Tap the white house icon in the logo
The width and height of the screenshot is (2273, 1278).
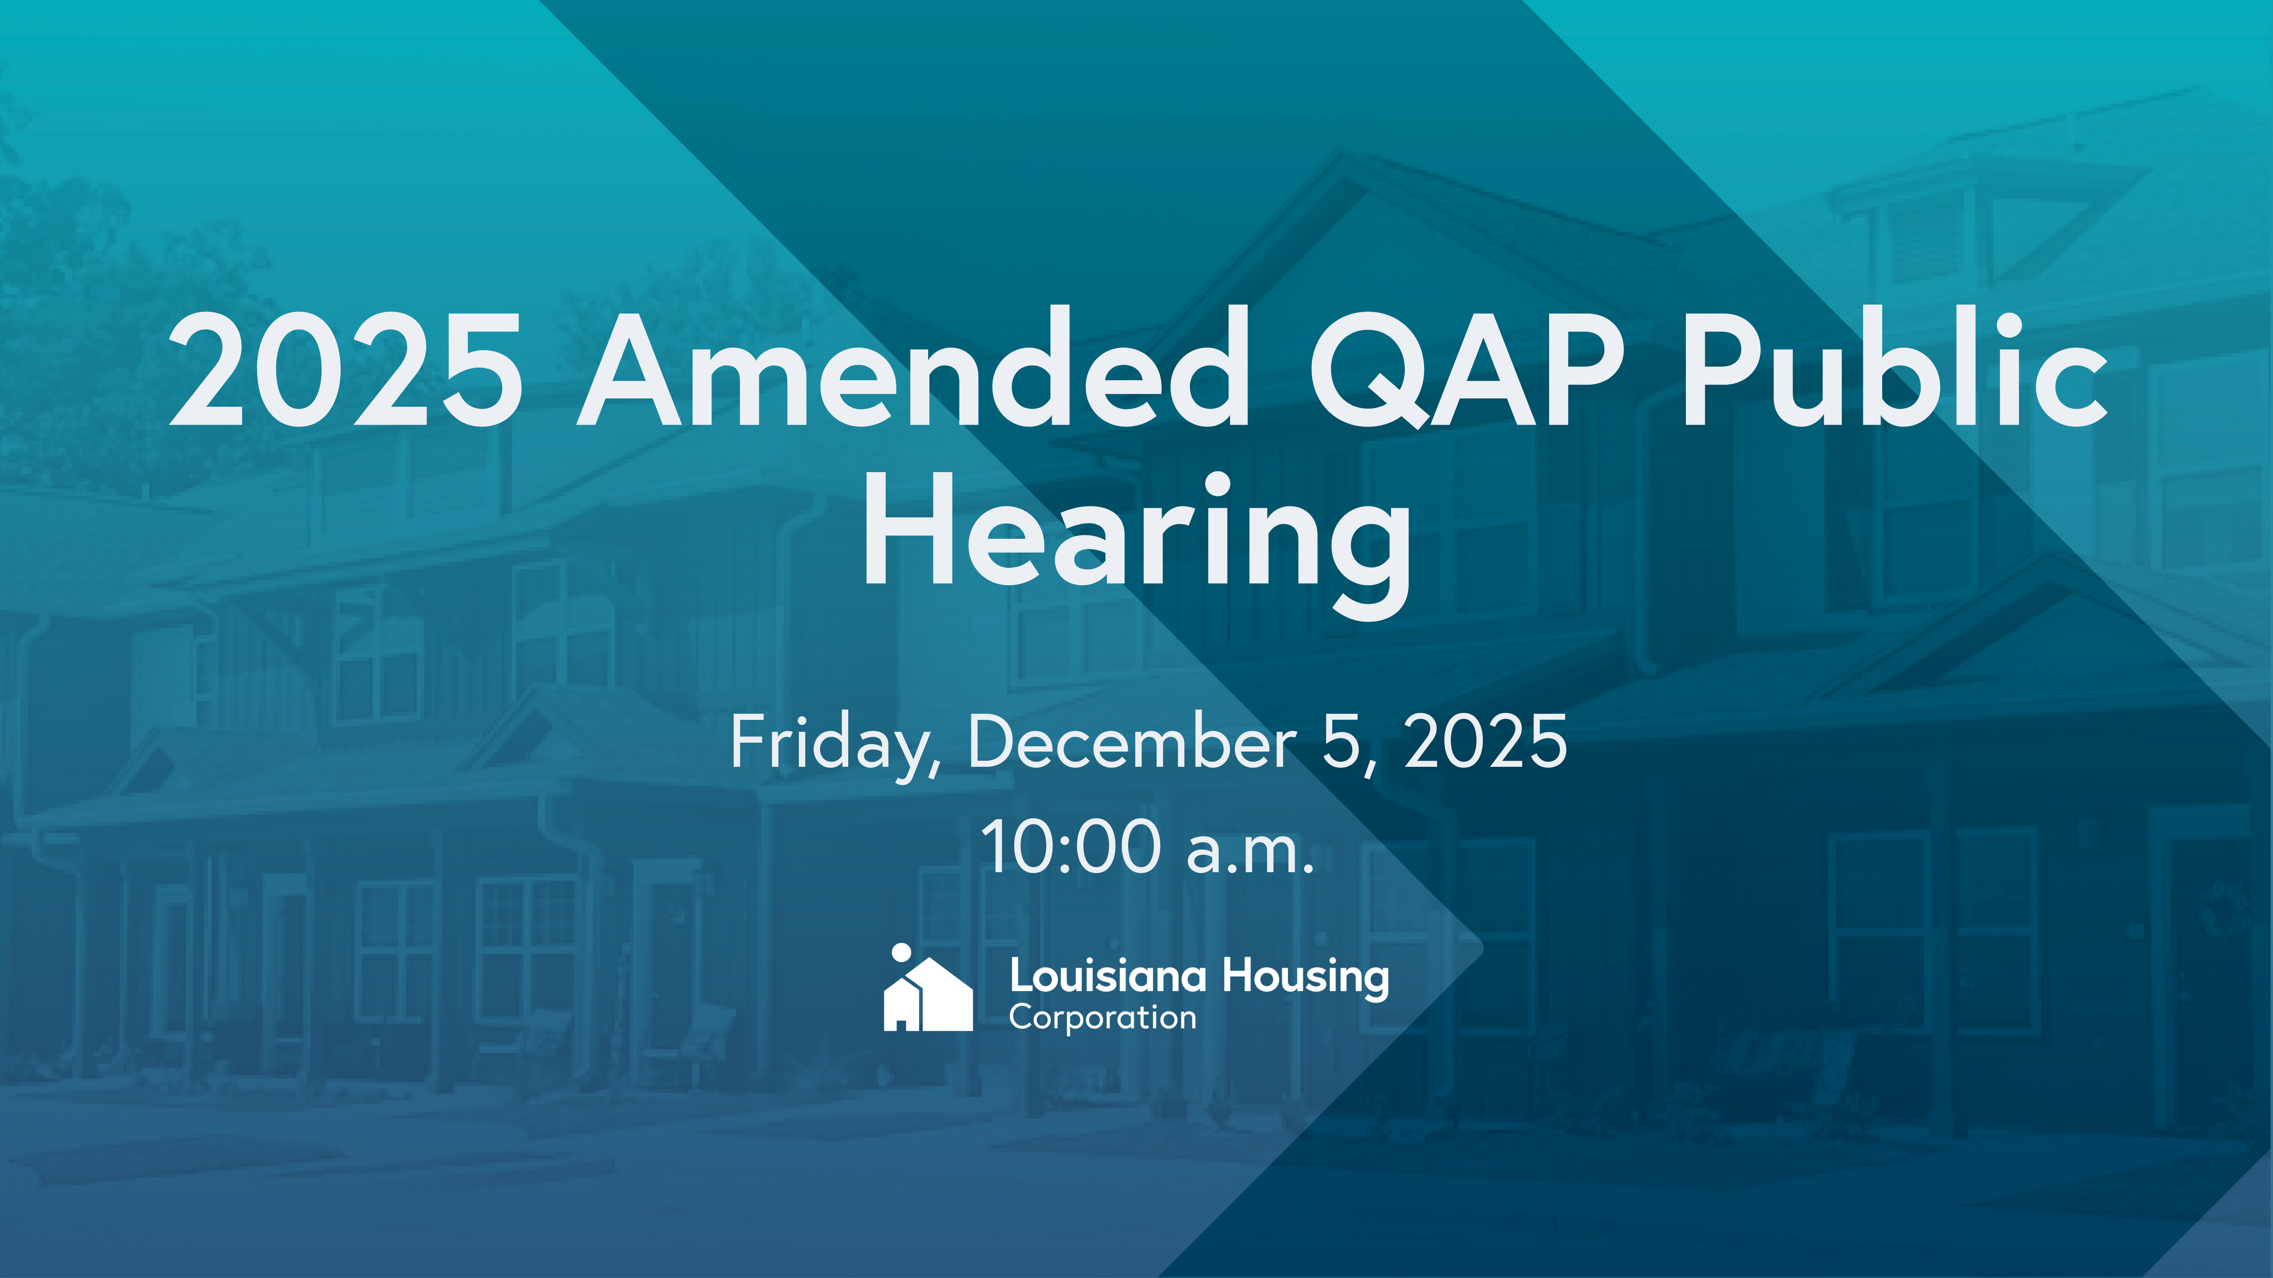(x=928, y=994)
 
